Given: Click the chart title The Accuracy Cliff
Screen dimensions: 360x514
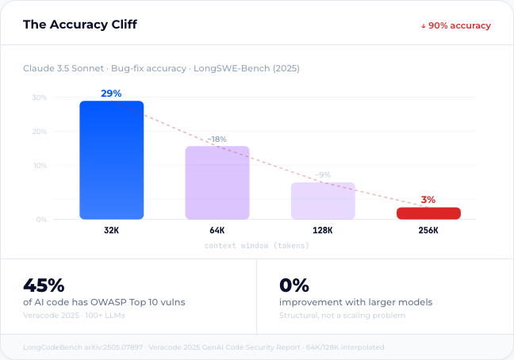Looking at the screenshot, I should tap(79, 25).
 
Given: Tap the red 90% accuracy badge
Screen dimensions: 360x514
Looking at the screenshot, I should tap(455, 25).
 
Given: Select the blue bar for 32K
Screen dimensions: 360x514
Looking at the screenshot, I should tap(111, 160).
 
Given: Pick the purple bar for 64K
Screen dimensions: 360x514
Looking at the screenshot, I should tap(217, 182).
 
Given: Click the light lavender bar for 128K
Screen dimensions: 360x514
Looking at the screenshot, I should tap(323, 201).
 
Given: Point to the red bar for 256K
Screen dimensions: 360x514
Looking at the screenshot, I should tap(428, 213).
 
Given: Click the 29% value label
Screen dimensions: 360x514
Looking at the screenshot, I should tap(111, 94).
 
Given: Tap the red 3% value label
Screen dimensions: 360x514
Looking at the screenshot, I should tap(428, 200).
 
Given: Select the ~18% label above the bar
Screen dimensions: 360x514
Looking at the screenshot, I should tap(217, 140).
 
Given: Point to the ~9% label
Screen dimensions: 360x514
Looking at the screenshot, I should tap(323, 175).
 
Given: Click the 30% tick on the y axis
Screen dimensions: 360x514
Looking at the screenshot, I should tap(39, 98).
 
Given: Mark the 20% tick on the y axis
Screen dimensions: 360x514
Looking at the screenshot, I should tap(39, 132).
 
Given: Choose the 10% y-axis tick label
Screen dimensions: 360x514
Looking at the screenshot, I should tap(39, 166).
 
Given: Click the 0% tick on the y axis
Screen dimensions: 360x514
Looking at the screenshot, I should tap(40, 219).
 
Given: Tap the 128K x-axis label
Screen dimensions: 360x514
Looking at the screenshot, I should tap(323, 231).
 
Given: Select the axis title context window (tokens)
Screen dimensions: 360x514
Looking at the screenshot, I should tap(257, 246).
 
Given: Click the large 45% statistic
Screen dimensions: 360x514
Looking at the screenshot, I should tap(44, 285).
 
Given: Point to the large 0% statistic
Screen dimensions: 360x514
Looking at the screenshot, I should tap(294, 285).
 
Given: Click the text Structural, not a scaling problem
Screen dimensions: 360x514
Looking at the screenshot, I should tap(343, 316).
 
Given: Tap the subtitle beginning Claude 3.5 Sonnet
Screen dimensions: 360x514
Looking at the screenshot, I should tap(161, 68).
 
